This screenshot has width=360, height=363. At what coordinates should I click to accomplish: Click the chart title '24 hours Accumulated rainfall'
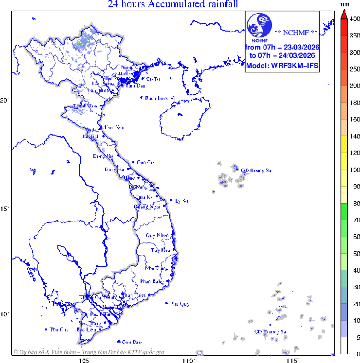click(173, 5)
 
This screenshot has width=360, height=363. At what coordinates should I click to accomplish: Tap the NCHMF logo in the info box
click(259, 27)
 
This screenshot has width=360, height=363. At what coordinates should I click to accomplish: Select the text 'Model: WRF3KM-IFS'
click(282, 66)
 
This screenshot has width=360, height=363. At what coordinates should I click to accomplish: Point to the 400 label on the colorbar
click(355, 19)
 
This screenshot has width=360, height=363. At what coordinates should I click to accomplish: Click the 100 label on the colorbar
click(355, 170)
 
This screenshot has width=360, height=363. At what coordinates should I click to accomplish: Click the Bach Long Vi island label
click(160, 98)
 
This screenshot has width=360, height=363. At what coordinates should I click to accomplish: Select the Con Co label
click(145, 162)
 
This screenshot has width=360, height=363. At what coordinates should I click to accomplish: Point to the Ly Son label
click(183, 201)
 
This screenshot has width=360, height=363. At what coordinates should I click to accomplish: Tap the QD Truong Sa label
click(271, 332)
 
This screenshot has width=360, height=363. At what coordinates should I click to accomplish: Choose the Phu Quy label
click(180, 304)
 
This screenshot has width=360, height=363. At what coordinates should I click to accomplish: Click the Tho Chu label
click(59, 329)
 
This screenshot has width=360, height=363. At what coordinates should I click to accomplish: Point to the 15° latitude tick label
click(5, 209)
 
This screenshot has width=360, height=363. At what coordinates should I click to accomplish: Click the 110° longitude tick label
click(188, 360)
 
